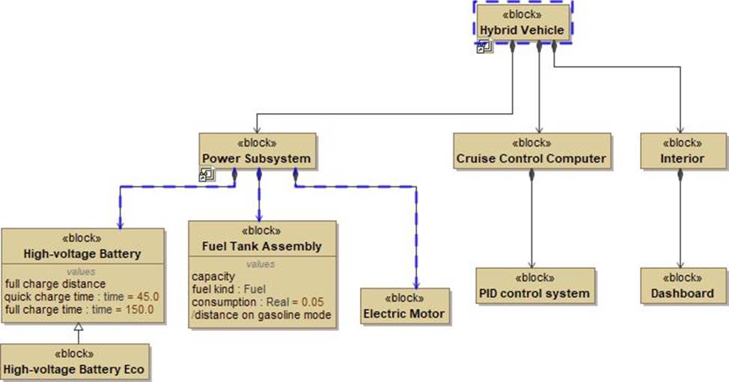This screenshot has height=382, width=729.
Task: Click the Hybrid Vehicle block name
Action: [522, 29]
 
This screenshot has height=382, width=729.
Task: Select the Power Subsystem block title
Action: [256, 158]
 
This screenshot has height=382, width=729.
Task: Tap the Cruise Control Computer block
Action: [531, 158]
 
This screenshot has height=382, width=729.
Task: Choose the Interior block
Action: [682, 158]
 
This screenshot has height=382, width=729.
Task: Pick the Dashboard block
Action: [682, 293]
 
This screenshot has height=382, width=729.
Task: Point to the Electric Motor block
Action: [404, 313]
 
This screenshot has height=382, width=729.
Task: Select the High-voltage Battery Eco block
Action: [74, 369]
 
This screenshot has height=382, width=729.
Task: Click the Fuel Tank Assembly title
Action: [262, 246]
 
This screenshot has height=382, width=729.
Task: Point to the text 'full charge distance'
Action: [55, 284]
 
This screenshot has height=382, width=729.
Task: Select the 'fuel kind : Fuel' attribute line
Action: [229, 289]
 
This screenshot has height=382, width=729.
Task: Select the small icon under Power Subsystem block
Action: [207, 175]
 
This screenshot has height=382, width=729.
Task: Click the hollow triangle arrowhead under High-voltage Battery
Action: [78, 330]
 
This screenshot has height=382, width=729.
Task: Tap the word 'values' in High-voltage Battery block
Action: [82, 271]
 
